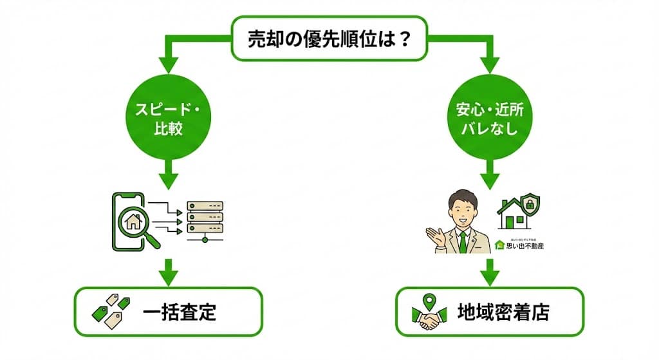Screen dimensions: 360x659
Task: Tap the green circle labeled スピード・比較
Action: [x=168, y=119]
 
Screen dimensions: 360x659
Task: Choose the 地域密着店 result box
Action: [x=489, y=312]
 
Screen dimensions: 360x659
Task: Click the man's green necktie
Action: [x=463, y=241]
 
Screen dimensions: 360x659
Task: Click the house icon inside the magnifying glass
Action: [x=134, y=222]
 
